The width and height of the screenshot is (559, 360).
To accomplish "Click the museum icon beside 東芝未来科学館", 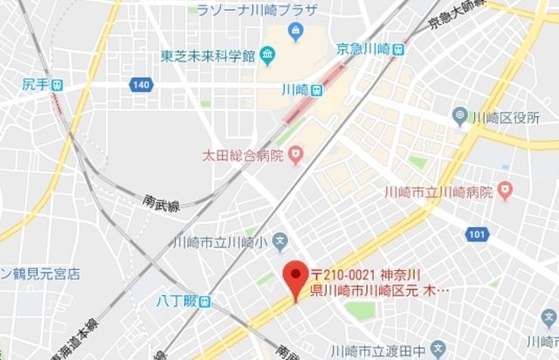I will coord(268,57).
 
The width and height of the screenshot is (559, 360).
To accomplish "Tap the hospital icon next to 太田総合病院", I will coord(296,157).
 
